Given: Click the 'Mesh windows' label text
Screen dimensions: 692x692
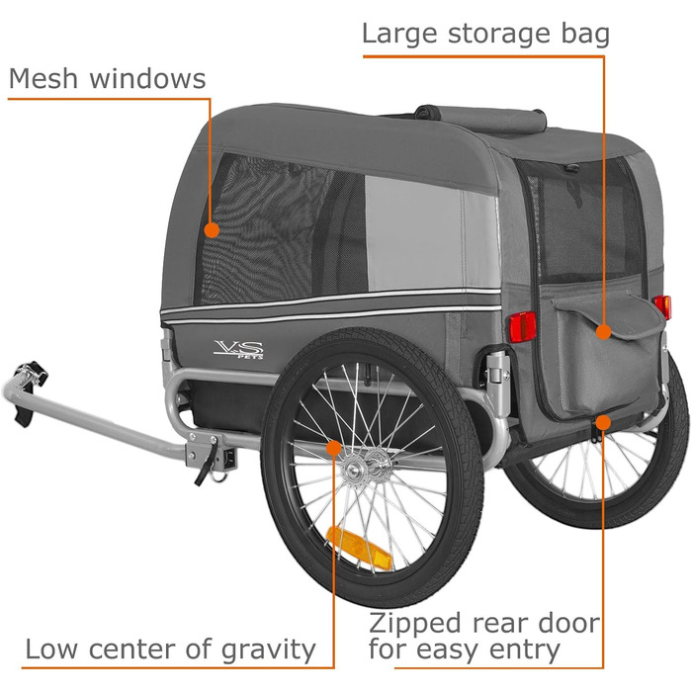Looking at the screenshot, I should [107, 79].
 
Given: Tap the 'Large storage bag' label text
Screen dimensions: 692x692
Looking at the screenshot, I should [485, 33].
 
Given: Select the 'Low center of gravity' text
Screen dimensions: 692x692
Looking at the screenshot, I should [170, 650].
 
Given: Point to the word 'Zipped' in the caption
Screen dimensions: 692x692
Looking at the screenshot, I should [415, 624].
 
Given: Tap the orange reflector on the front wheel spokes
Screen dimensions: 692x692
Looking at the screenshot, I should [361, 546].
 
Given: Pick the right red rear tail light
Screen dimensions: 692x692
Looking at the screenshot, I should [661, 307].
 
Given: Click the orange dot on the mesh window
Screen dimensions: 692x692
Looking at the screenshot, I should [211, 229].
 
